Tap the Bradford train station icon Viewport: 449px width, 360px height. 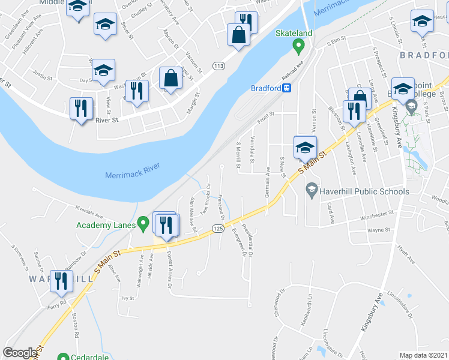click(x=288, y=88)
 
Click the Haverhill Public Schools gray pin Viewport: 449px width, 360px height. click(x=312, y=191)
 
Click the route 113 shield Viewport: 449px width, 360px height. click(x=218, y=65)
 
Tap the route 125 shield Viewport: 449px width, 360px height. click(x=217, y=229)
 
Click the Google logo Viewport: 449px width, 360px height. click(x=20, y=353)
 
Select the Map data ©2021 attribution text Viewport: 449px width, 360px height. click(x=424, y=355)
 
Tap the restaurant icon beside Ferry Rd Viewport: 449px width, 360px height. click(x=61, y=281)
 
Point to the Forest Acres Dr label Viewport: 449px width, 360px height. click(x=170, y=271)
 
